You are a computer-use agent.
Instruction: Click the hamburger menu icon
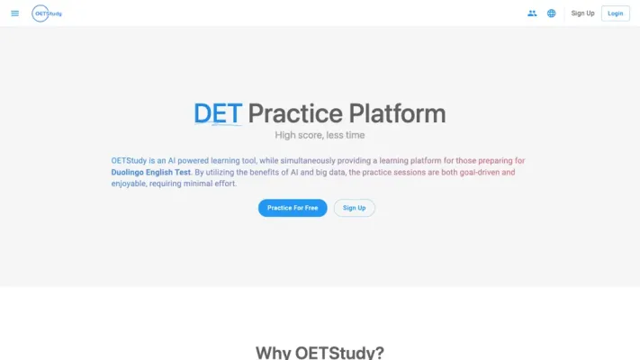click(14, 13)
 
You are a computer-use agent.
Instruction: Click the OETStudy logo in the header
click(47, 13)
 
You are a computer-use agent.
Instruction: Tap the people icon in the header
click(532, 13)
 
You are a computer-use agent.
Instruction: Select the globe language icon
click(552, 13)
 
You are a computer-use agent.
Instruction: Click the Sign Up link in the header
click(583, 13)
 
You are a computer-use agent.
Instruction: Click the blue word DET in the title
click(218, 113)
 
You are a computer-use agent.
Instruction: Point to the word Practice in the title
click(295, 113)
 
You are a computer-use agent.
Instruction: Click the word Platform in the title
click(397, 113)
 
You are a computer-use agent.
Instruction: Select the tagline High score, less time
click(320, 135)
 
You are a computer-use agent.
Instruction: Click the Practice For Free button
click(293, 208)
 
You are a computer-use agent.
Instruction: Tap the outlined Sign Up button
click(355, 208)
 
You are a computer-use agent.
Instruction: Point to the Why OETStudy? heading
click(320, 352)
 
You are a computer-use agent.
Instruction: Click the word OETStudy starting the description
click(130, 160)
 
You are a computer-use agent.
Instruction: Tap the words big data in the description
click(325, 172)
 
